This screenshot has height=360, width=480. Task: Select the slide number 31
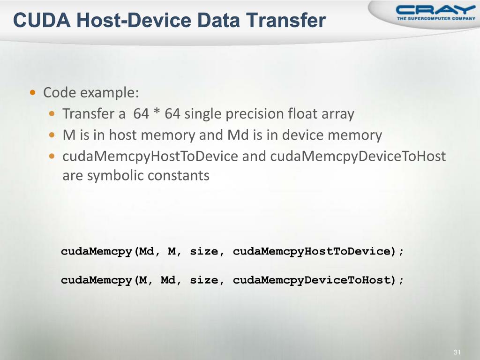pyautogui.click(x=458, y=352)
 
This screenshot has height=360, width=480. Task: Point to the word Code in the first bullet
pyautogui.click(x=60, y=93)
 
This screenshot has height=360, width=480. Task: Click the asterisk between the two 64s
pyautogui.click(x=157, y=114)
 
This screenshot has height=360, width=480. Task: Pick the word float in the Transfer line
pyautogui.click(x=303, y=114)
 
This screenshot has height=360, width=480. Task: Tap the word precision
pyautogui.click(x=255, y=114)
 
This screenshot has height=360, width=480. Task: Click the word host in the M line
pyautogui.click(x=123, y=135)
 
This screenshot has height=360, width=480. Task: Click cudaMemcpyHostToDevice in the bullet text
pyautogui.click(x=150, y=156)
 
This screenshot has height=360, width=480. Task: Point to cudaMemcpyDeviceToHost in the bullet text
pyautogui.click(x=358, y=156)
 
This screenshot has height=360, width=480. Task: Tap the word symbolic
pyautogui.click(x=116, y=176)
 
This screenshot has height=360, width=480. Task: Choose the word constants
pyautogui.click(x=179, y=176)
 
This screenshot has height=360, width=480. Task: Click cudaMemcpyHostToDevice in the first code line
pyautogui.click(x=312, y=251)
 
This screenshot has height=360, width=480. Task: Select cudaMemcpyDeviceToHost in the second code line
pyautogui.click(x=312, y=280)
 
